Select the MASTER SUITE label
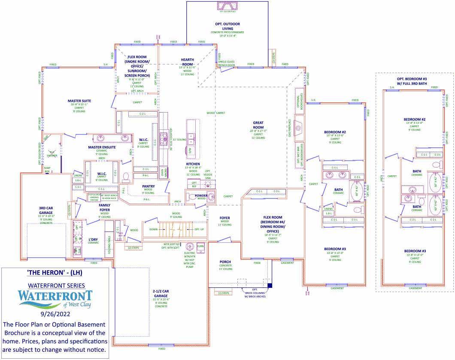[79, 101]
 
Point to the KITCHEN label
[193, 164]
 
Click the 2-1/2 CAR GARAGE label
[161, 293]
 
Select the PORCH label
[225, 262]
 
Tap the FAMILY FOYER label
[104, 208]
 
